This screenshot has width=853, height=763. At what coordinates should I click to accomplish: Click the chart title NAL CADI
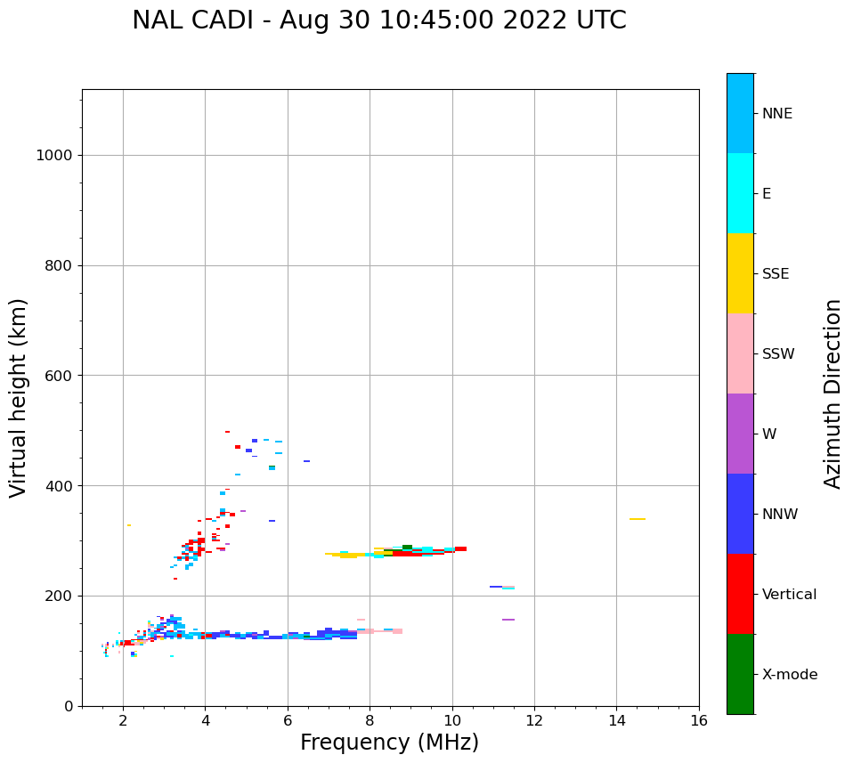(378, 20)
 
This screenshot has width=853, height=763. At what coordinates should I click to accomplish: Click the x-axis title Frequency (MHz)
(389, 743)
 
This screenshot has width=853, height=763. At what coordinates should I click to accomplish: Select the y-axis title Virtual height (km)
(19, 397)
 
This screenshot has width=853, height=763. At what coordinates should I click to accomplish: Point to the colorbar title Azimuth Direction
(833, 394)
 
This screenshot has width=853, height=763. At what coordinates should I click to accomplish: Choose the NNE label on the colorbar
(776, 114)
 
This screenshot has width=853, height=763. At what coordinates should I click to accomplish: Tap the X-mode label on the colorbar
(789, 675)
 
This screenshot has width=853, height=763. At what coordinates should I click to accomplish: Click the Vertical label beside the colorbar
(789, 595)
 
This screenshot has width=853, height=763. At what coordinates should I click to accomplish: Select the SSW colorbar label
(777, 354)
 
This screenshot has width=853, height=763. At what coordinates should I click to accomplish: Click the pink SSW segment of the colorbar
(740, 353)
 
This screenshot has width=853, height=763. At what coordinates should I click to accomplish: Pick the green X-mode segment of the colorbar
(740, 674)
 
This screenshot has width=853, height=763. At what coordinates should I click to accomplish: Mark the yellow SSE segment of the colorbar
(740, 273)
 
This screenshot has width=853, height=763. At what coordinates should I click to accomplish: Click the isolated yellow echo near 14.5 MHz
(637, 519)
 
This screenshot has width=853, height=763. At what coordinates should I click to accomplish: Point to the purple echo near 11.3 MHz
(508, 620)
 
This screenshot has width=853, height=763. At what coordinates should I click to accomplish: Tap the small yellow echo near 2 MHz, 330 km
(128, 525)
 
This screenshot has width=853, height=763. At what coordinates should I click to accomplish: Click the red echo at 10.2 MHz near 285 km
(460, 548)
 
